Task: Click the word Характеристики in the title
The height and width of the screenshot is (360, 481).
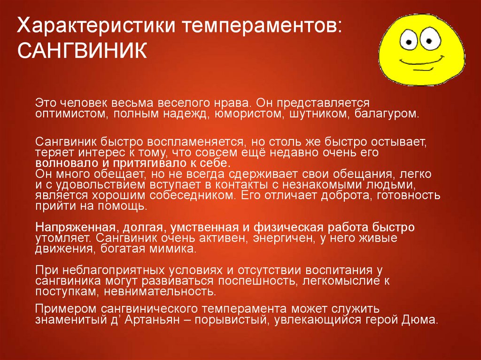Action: tap(96, 25)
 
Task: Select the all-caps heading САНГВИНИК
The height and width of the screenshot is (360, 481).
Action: tap(82, 51)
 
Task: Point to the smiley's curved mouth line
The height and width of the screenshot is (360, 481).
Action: tap(422, 62)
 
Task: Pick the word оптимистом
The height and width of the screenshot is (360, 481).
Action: tap(71, 114)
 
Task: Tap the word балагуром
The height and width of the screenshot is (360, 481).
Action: tap(387, 114)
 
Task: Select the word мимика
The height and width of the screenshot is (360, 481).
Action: tap(173, 249)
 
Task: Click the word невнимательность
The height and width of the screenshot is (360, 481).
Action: tap(160, 291)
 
